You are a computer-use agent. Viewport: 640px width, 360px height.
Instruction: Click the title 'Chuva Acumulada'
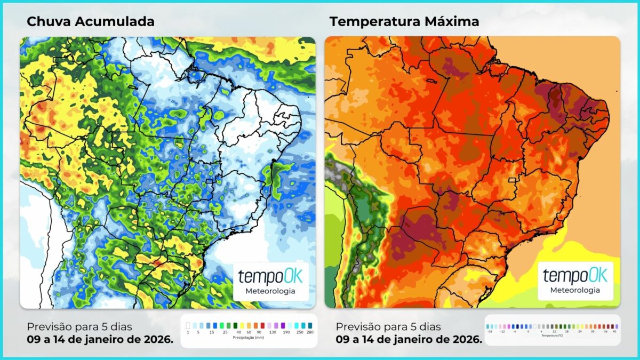pos(91,21)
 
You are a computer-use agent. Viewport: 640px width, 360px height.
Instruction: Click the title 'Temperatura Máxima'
pos(404,21)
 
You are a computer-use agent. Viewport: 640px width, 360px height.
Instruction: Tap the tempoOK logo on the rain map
pos(266,277)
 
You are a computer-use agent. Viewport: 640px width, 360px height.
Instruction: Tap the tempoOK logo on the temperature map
pos(571,276)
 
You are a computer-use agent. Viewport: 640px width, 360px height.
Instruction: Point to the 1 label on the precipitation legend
pos(188,332)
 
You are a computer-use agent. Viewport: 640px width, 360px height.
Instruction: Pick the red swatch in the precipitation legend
pos(262,325)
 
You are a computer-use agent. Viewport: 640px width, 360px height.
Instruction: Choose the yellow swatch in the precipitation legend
pos(242,325)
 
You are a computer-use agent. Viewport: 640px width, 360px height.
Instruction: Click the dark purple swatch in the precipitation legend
pos(283,325)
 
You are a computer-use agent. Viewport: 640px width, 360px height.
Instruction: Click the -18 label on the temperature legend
pos(491,331)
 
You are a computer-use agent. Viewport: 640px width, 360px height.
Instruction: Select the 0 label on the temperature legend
pos(528,331)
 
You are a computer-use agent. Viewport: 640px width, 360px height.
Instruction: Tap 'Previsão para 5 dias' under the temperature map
pos(388,326)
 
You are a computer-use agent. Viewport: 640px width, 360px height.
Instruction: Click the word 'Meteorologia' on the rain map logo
pos(266,291)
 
